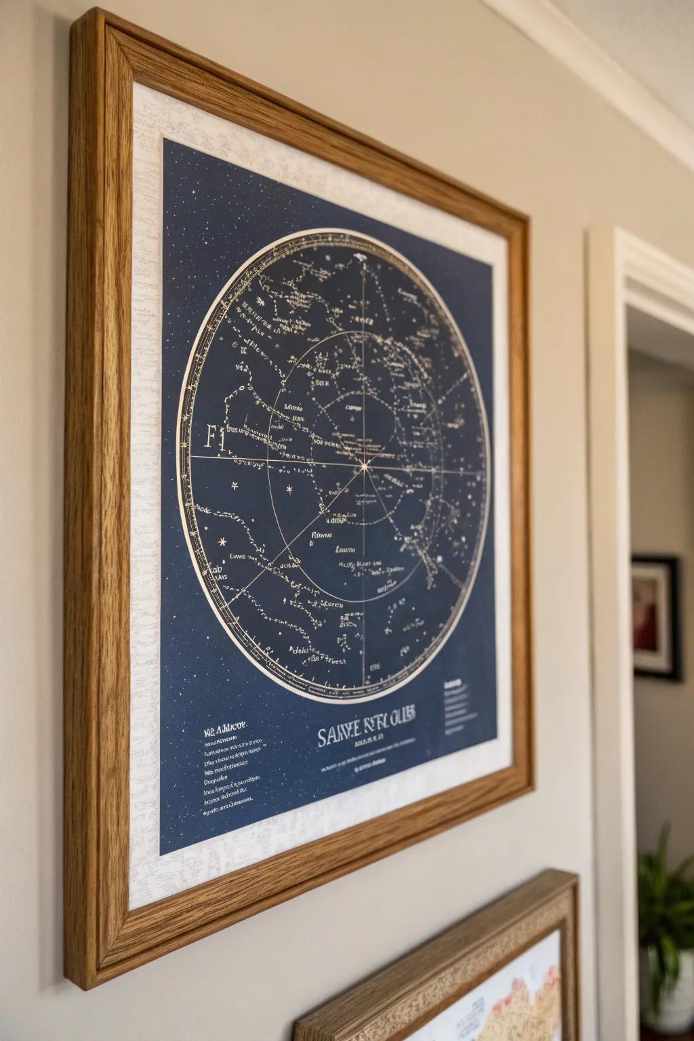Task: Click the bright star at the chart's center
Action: tap(365, 466)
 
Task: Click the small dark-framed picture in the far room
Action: tap(655, 617)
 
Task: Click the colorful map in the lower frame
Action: tap(502, 996)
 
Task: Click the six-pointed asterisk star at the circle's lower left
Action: tap(222, 542)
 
